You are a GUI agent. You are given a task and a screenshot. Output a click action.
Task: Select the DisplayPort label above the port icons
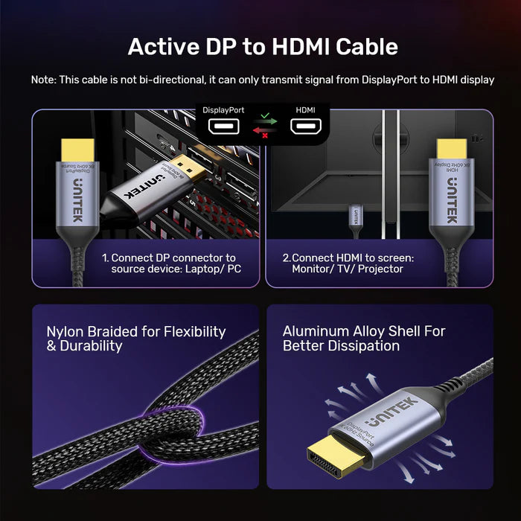coord(223,110)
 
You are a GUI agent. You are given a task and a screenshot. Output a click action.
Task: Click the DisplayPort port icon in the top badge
coord(223,127)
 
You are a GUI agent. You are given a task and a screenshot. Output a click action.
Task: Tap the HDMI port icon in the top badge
coord(305,127)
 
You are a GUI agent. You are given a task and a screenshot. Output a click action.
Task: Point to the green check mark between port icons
coord(264,120)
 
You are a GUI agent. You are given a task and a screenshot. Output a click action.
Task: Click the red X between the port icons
coord(264,132)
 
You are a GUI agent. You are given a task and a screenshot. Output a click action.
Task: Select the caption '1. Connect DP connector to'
coord(168,258)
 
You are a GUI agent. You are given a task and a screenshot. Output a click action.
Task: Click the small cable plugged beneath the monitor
coord(357,217)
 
